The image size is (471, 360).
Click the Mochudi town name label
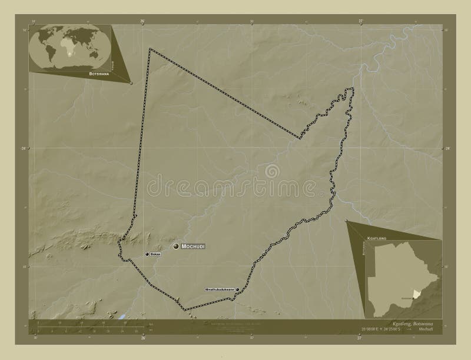(x=193, y=246)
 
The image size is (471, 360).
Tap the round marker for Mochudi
(x=176, y=246)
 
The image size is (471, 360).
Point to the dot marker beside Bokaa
(x=147, y=254)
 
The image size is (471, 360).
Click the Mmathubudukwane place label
(x=220, y=289)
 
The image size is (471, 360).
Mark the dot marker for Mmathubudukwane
(x=237, y=289)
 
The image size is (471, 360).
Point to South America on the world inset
(x=52, y=51)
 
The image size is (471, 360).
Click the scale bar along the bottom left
(x=88, y=327)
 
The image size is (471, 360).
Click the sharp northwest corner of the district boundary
(x=150, y=49)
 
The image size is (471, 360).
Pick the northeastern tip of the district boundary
(x=353, y=89)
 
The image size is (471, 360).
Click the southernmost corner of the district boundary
(x=185, y=309)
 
